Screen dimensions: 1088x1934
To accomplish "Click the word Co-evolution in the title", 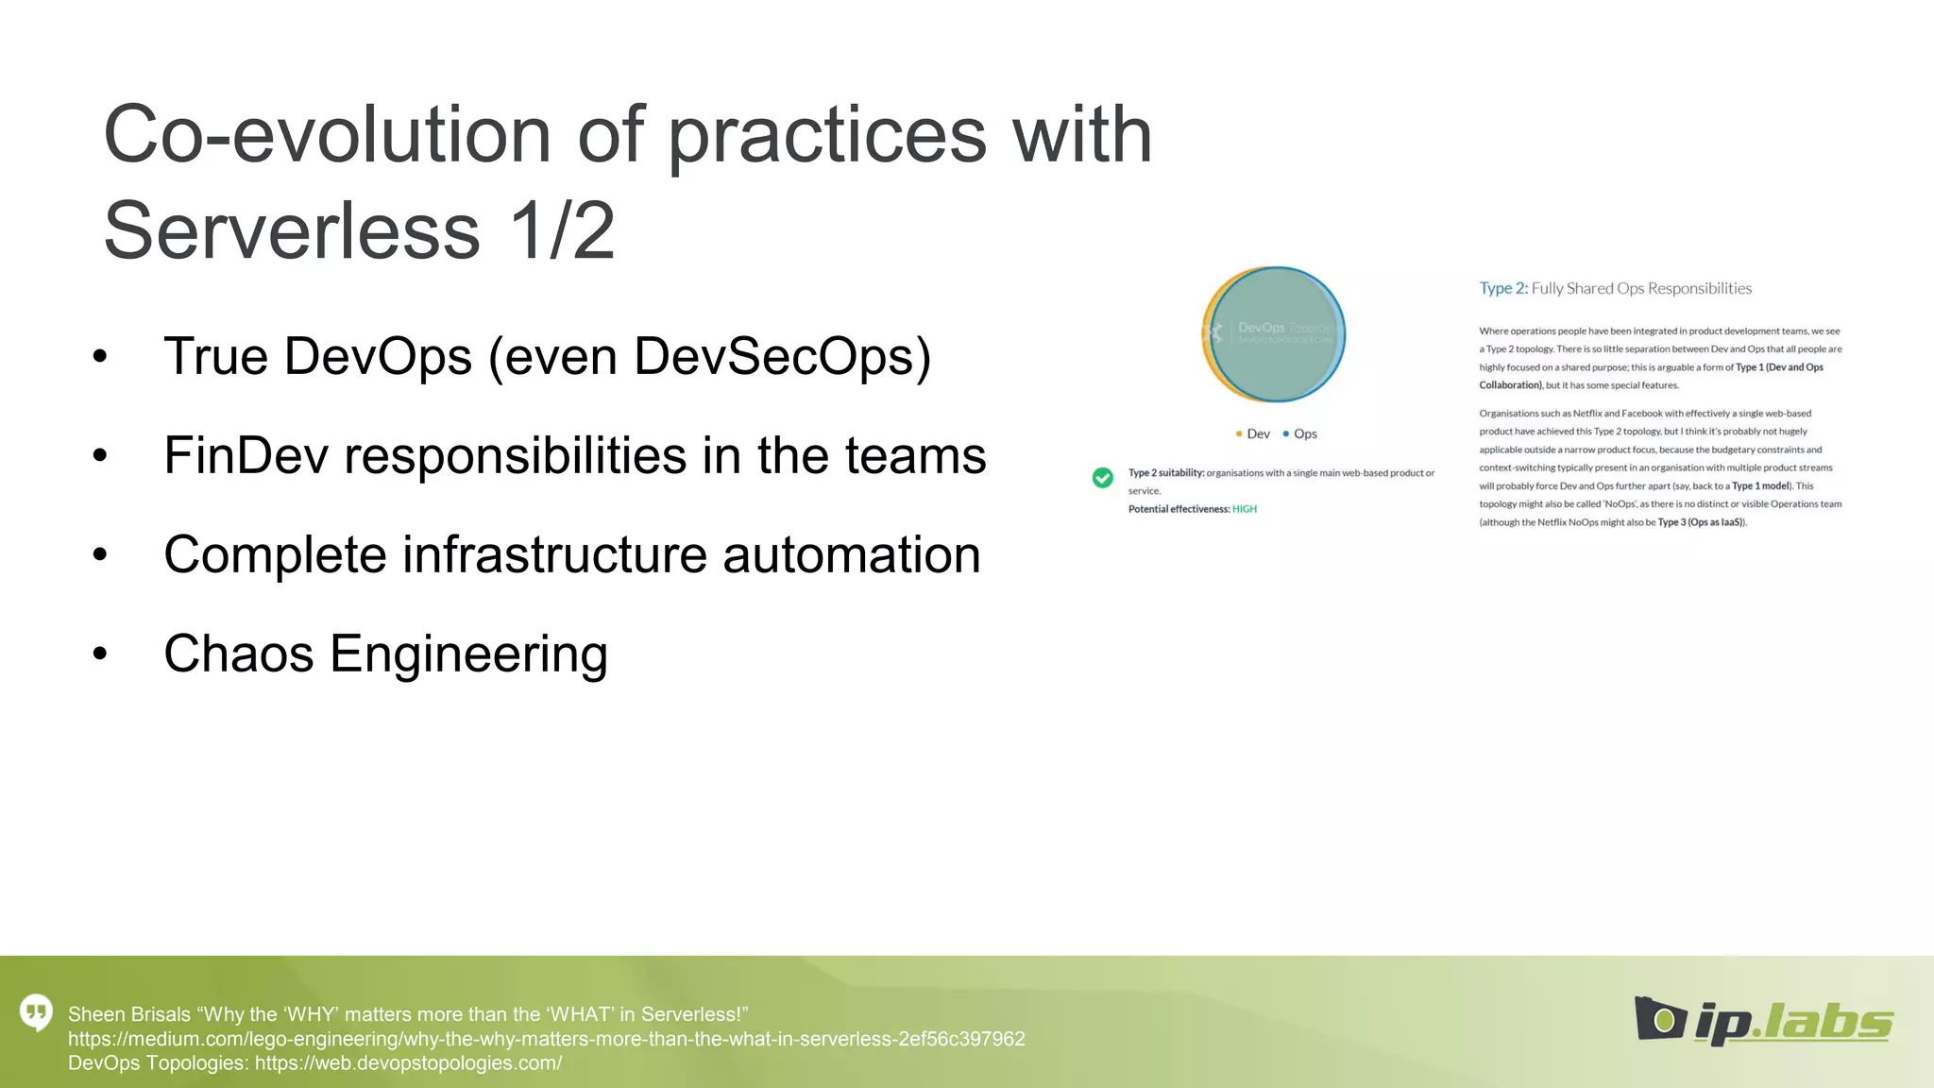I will pyautogui.click(x=327, y=135).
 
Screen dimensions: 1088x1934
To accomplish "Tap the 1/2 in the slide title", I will pyautogui.click(x=562, y=231).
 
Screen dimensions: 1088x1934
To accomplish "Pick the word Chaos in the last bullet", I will pyautogui.click(x=238, y=654).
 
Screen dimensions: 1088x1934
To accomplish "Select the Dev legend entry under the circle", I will pyautogui.click(x=1253, y=433).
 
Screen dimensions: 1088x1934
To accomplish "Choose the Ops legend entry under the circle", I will pyautogui.click(x=1300, y=433).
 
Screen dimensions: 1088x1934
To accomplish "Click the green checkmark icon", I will pyautogui.click(x=1102, y=478).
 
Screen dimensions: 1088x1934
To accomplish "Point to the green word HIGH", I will pyautogui.click(x=1245, y=509).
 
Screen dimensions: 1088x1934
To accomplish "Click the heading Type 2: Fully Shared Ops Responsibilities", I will pyautogui.click(x=1615, y=288).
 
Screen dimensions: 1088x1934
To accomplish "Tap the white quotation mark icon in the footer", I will pyautogui.click(x=36, y=1013).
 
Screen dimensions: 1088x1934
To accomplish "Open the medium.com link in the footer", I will pyautogui.click(x=546, y=1039).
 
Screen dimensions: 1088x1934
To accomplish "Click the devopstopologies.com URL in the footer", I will pyautogui.click(x=408, y=1063).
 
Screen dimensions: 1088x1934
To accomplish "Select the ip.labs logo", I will pyautogui.click(x=1763, y=1021).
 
